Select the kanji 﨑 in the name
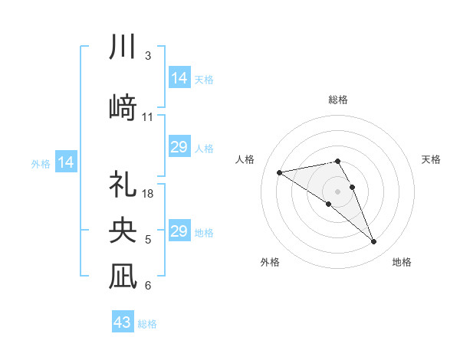pyautogui.click(x=124, y=106)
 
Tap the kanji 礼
pyautogui.click(x=124, y=185)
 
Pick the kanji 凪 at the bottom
pyautogui.click(x=124, y=276)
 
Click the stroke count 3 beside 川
pyautogui.click(x=148, y=56)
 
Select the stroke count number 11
pyautogui.click(x=148, y=117)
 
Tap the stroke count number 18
pyautogui.click(x=149, y=194)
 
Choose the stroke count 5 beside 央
pyautogui.click(x=148, y=240)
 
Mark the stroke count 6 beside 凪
pyautogui.click(x=148, y=286)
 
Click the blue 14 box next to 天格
pyautogui.click(x=179, y=78)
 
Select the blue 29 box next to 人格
pyautogui.click(x=179, y=147)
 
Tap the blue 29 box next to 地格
pyautogui.click(x=179, y=231)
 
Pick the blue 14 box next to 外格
pyautogui.click(x=66, y=162)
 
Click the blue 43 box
pyautogui.click(x=123, y=322)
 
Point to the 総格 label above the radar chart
pyautogui.click(x=337, y=100)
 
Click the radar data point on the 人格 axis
pyautogui.click(x=280, y=172)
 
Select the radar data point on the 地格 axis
pyautogui.click(x=374, y=242)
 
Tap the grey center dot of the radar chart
pyautogui.click(x=337, y=191)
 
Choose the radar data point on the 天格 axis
pyautogui.click(x=352, y=187)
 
